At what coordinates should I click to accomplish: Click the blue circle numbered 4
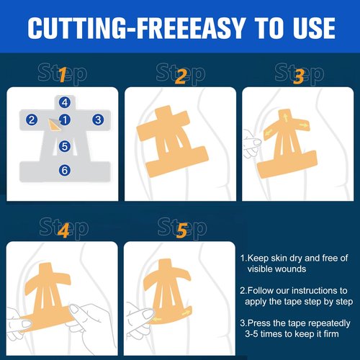click(x=65, y=103)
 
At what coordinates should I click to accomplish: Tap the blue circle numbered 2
click(x=32, y=120)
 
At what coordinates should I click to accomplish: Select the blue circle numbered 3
click(x=98, y=120)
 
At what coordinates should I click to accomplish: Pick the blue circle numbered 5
click(x=65, y=146)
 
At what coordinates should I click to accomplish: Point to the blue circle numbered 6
click(x=65, y=171)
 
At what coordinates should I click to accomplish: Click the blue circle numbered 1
click(x=65, y=120)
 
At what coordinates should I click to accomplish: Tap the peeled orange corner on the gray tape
click(x=54, y=125)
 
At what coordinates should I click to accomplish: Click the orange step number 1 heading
click(x=63, y=75)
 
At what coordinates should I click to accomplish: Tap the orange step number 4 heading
click(x=64, y=230)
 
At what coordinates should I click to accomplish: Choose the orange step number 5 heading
click(x=181, y=230)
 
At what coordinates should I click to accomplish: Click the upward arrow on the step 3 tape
click(x=286, y=118)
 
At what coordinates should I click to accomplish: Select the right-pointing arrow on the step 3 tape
click(x=304, y=125)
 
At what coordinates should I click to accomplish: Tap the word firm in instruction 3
click(x=330, y=333)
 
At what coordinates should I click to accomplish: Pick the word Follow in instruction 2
click(x=261, y=291)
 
